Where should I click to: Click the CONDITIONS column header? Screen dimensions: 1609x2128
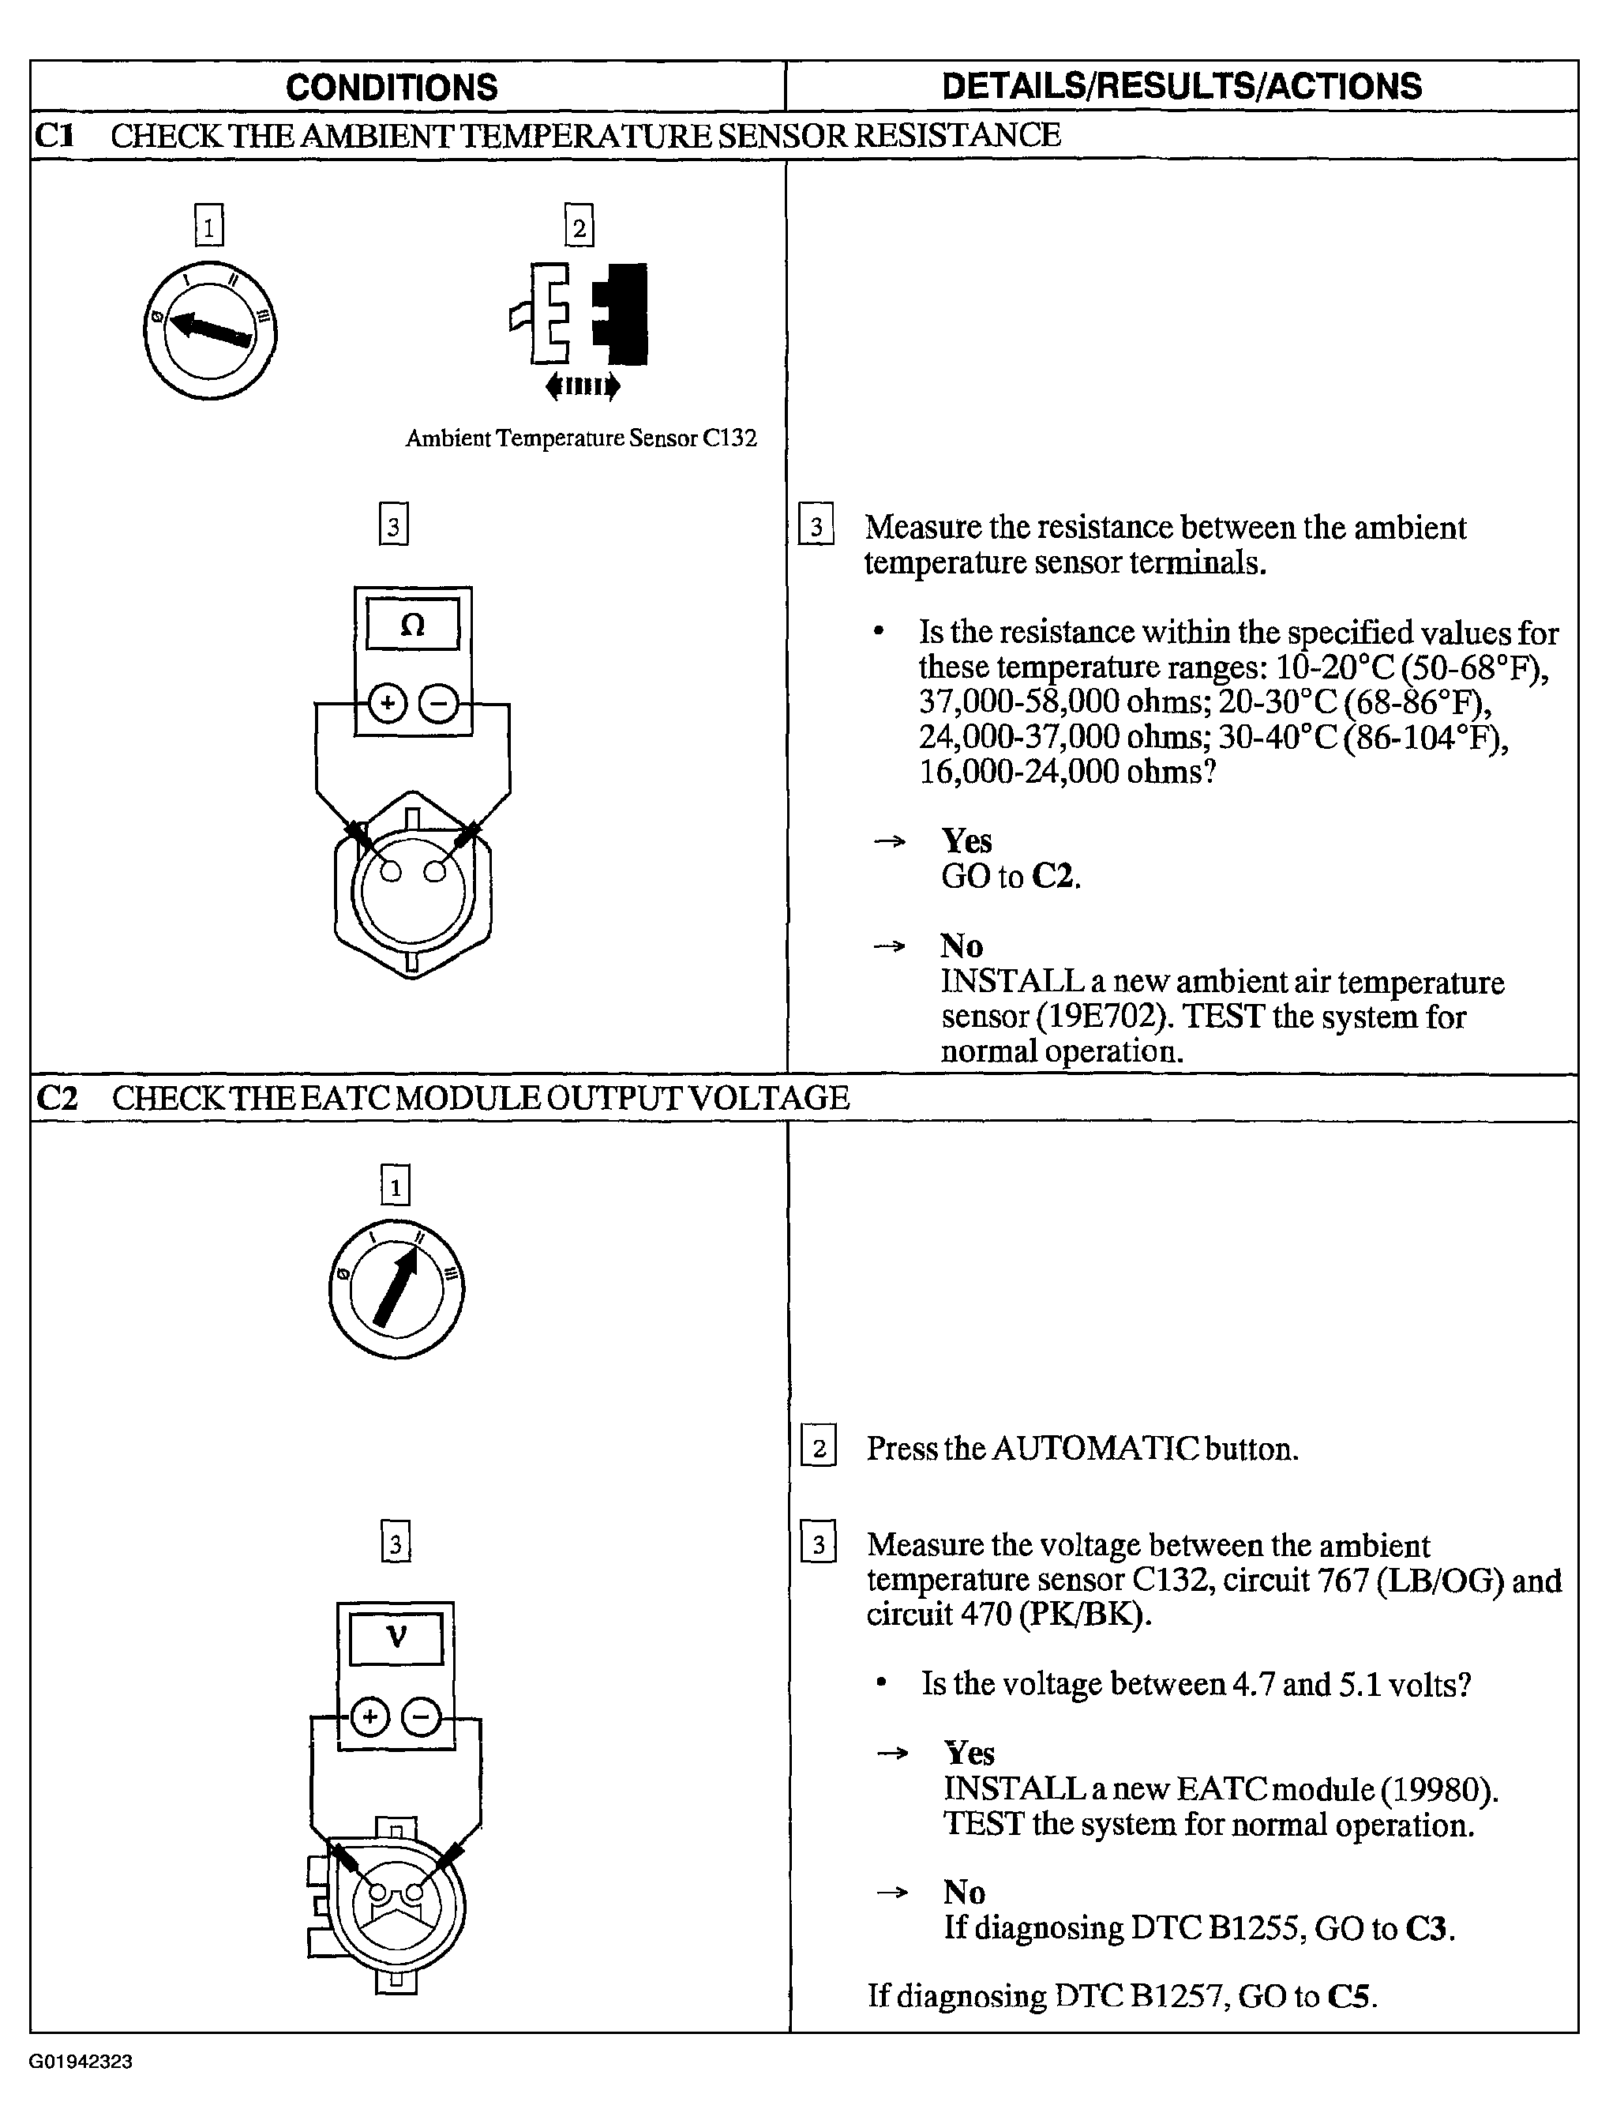click(x=392, y=88)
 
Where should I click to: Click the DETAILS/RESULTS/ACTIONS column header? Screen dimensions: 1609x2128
click(x=1181, y=87)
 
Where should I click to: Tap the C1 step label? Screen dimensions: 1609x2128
click(x=54, y=135)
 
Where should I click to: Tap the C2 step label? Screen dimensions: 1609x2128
click(x=56, y=1098)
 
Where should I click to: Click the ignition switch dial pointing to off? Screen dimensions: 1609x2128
click(x=210, y=330)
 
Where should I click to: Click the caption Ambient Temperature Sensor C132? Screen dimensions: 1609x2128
click(x=581, y=438)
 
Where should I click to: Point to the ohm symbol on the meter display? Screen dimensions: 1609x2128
click(x=411, y=626)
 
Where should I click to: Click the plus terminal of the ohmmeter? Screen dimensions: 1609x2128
click(x=387, y=705)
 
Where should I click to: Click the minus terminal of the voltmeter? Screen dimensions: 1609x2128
click(x=420, y=1717)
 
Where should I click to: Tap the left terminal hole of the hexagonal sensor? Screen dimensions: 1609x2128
click(x=391, y=871)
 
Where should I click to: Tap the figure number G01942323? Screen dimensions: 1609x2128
click(x=81, y=2062)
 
